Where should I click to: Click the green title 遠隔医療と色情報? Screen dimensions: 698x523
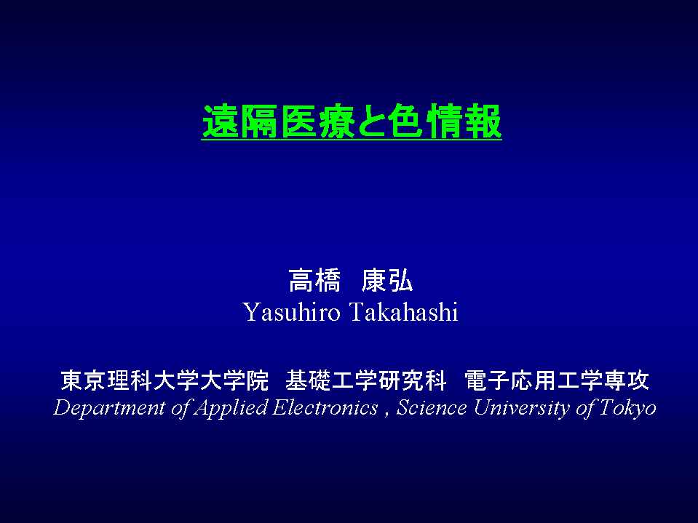(x=352, y=121)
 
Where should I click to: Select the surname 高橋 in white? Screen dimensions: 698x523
(x=314, y=281)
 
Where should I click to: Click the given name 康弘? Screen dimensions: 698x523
(x=386, y=281)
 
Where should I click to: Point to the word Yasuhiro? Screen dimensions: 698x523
(x=292, y=312)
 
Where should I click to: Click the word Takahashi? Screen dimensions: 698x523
(x=404, y=312)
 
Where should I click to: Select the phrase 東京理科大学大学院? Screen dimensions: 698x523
(x=164, y=380)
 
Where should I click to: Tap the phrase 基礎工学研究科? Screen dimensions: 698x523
(x=366, y=380)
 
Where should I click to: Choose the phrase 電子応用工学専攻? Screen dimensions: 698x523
(x=557, y=380)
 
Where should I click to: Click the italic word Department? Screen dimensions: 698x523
(x=109, y=408)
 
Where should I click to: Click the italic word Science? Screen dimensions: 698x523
(x=432, y=407)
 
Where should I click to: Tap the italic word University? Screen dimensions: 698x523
(x=521, y=408)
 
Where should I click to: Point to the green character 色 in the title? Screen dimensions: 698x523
(x=405, y=121)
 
